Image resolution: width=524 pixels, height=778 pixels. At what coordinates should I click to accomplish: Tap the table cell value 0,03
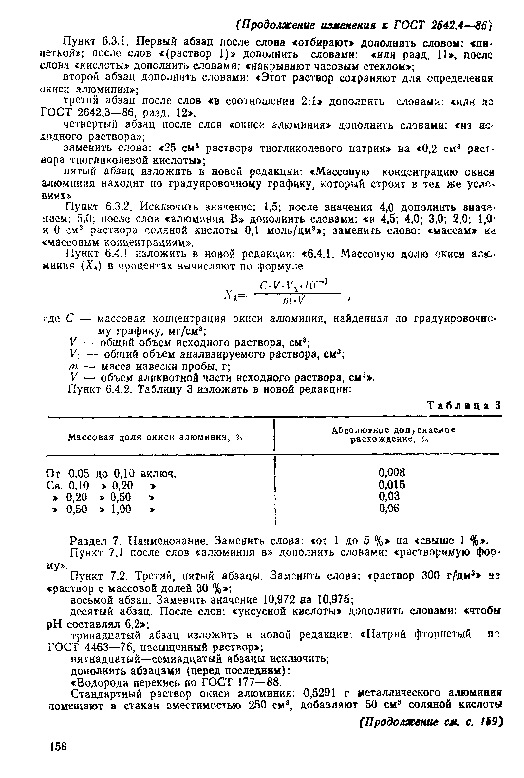coord(389,496)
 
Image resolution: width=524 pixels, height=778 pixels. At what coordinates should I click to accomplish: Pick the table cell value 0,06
coord(389,509)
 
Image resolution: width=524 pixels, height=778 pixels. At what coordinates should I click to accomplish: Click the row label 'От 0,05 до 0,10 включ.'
coord(111,474)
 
